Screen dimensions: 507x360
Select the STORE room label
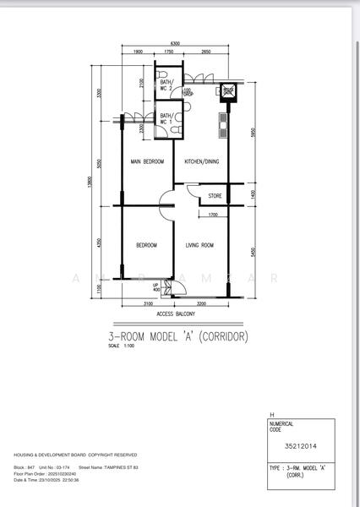tap(215, 197)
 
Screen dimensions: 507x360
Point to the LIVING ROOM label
tap(199, 245)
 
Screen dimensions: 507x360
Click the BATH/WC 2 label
tap(166, 84)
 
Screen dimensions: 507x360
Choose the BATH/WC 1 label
tap(166, 118)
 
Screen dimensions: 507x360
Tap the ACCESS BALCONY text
tap(177, 313)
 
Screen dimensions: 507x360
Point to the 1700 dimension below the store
tap(214, 215)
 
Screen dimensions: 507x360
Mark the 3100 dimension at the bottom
tap(147, 303)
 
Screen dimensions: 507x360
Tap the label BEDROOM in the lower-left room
tap(147, 245)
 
